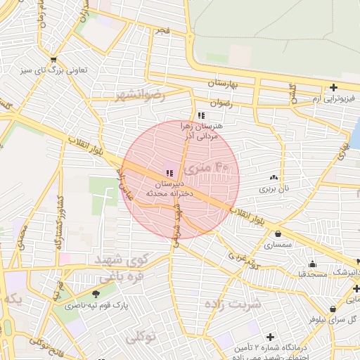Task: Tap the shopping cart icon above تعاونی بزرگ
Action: click(x=53, y=60)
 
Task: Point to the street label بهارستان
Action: click(x=224, y=84)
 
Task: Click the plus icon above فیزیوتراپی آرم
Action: click(x=333, y=88)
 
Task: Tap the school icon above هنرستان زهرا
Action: click(x=201, y=115)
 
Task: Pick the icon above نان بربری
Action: click(x=274, y=178)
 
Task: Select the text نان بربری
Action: click(x=274, y=188)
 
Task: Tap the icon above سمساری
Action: click(x=278, y=234)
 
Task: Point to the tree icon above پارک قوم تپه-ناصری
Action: click(x=96, y=294)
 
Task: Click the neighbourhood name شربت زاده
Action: click(x=233, y=304)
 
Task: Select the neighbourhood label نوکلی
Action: click(x=140, y=338)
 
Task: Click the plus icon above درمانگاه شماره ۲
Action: click(x=270, y=337)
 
